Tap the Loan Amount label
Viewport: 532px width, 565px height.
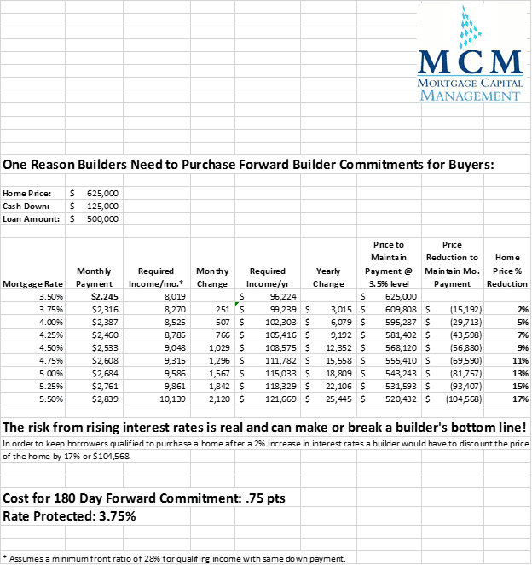tap(32, 219)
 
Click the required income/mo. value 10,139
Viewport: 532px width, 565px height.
tap(160, 399)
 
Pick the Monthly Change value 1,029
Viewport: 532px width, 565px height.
tap(216, 347)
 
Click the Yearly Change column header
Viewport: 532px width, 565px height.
tap(327, 277)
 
